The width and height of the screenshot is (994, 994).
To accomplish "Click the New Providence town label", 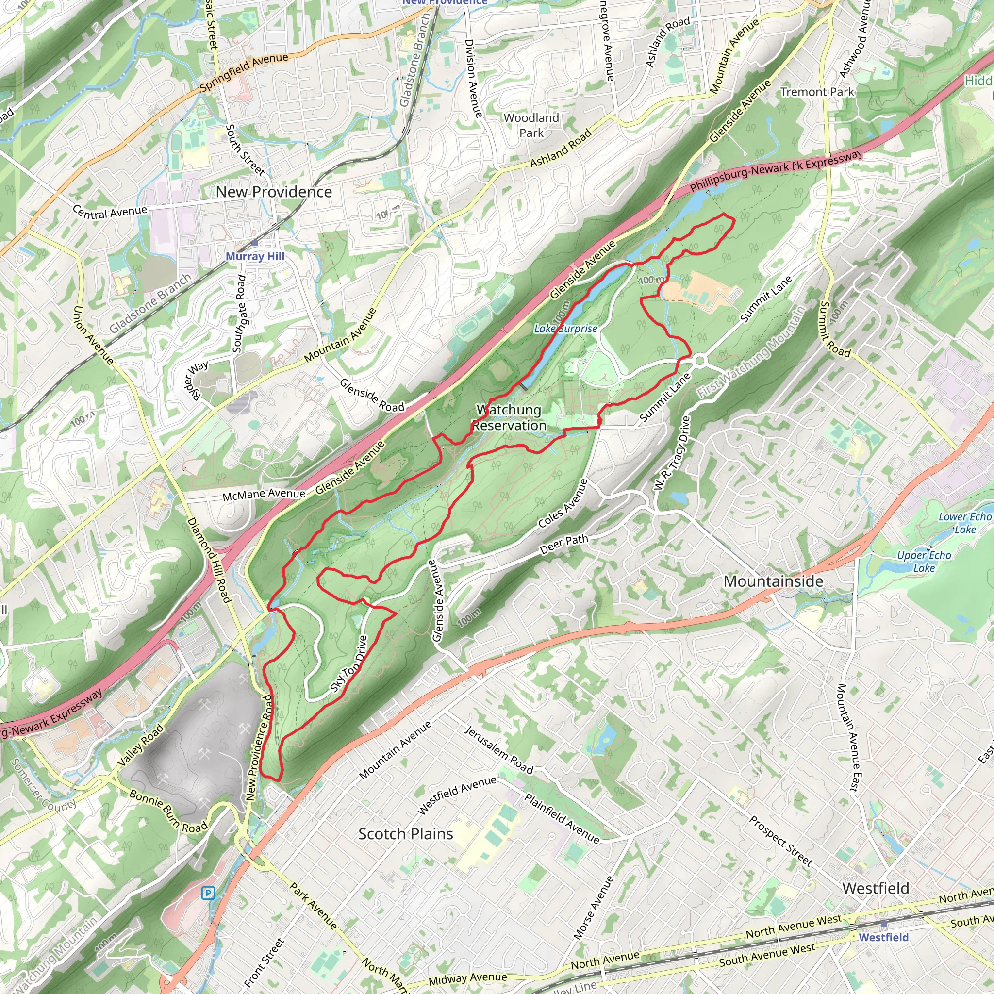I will point(274,192).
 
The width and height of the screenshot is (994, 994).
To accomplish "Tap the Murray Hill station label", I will point(255,256).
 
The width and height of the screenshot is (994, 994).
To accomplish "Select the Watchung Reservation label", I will point(509,418).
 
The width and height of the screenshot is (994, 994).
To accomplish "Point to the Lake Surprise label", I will point(565,328).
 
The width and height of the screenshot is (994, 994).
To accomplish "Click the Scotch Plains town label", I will point(405,834).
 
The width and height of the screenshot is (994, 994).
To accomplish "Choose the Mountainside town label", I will point(773,581).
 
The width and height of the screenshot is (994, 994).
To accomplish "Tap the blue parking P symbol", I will point(208,893).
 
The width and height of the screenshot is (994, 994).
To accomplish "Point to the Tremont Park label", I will point(817,92).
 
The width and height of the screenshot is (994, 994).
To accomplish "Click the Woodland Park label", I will point(531,125).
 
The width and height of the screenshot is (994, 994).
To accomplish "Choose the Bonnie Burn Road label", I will point(168,812).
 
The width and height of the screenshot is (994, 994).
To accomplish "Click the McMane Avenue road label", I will point(264,494).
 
